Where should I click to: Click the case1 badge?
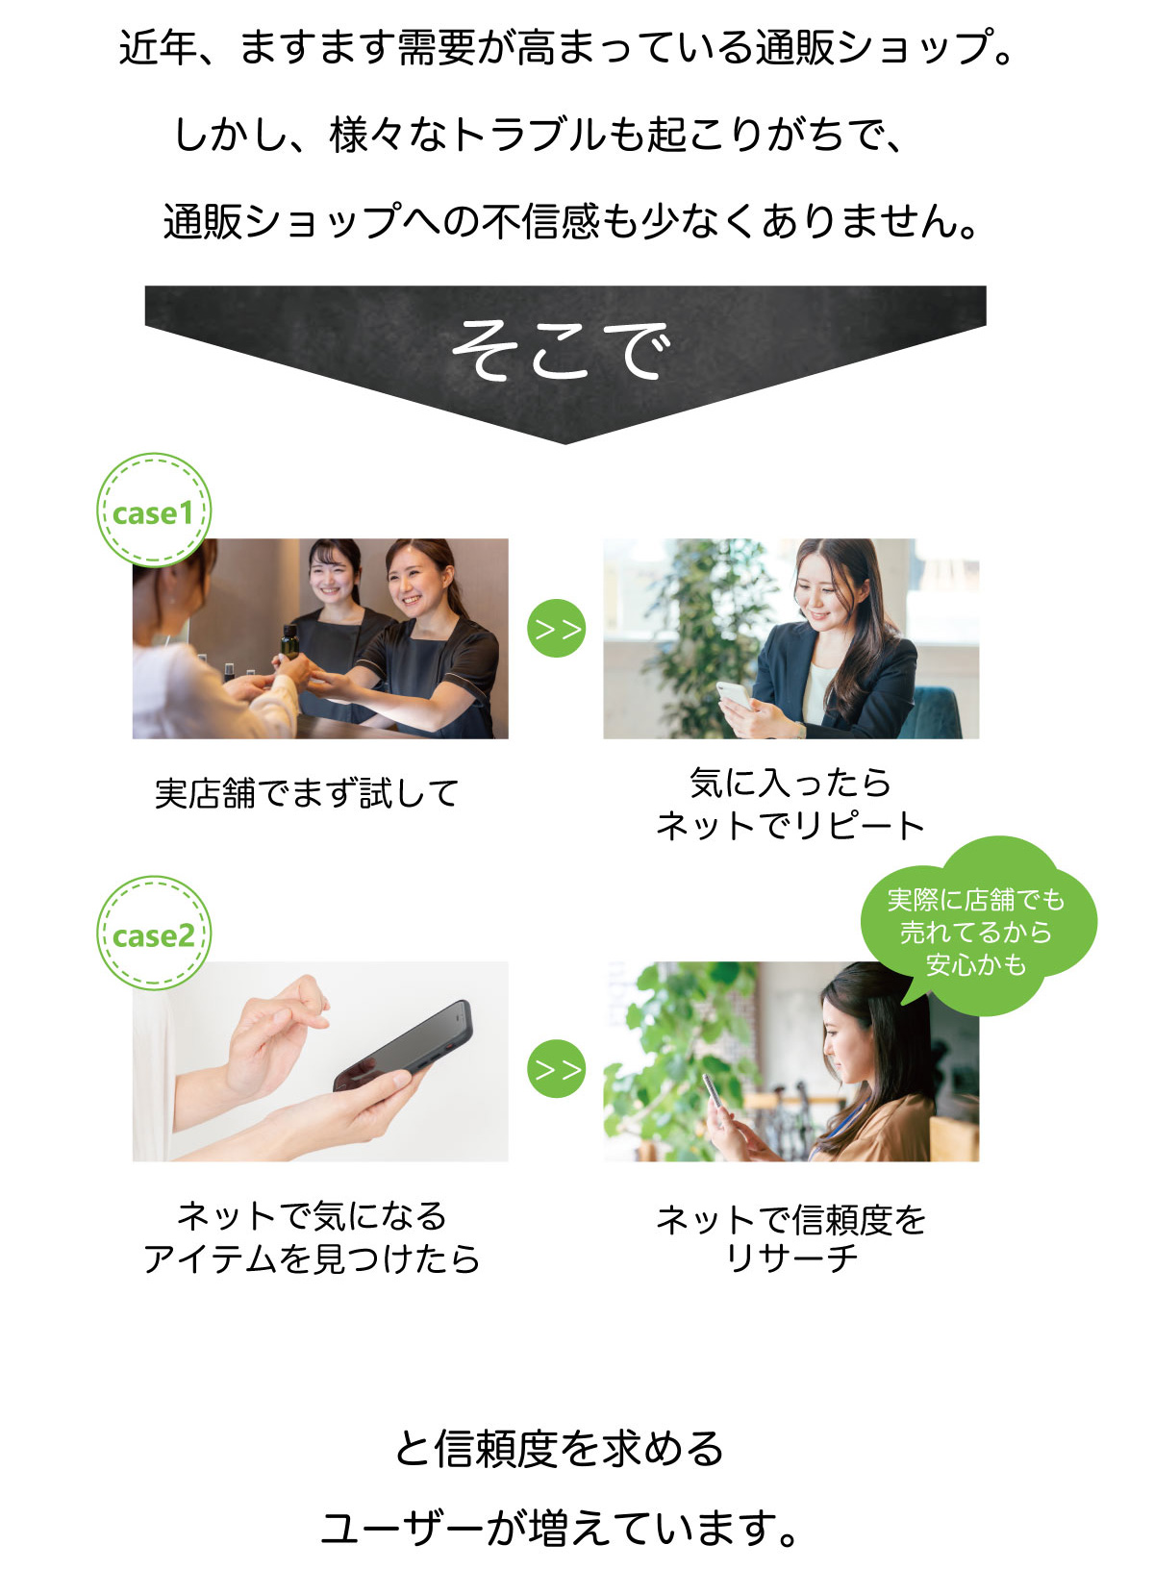click(154, 511)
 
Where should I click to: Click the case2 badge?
click(154, 933)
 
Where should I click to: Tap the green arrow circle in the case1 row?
click(556, 629)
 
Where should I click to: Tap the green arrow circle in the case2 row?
click(556, 1069)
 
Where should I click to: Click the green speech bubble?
click(979, 925)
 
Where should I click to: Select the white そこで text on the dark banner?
click(562, 349)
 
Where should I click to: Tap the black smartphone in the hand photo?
click(404, 1046)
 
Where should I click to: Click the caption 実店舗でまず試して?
click(307, 793)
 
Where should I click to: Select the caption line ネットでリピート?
click(790, 826)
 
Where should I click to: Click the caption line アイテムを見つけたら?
click(312, 1258)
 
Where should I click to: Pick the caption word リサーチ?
click(790, 1258)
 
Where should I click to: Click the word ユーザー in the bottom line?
click(402, 1529)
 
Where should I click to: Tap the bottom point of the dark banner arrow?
click(566, 444)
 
